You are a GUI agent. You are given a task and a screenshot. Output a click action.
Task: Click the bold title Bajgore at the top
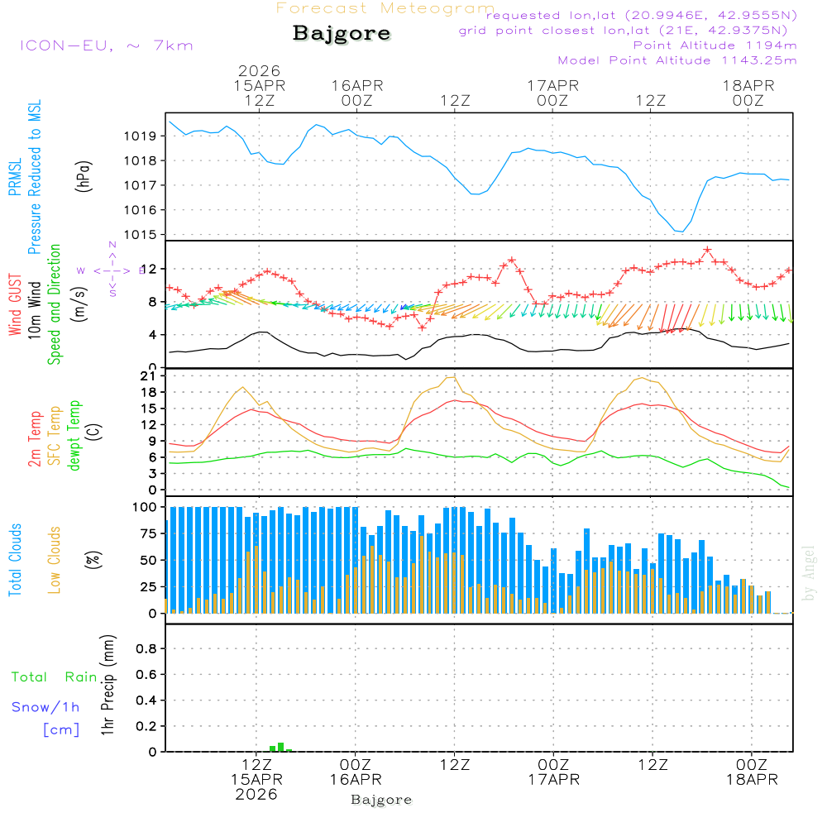click(x=342, y=34)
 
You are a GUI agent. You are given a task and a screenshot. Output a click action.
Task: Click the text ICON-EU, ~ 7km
click(x=106, y=45)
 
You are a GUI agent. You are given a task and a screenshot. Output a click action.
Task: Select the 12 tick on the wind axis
click(x=151, y=269)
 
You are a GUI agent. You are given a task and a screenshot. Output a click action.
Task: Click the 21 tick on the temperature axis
click(x=151, y=376)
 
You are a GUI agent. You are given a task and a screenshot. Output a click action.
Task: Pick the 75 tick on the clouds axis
click(x=151, y=534)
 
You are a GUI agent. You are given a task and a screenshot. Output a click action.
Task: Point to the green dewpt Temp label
click(x=74, y=436)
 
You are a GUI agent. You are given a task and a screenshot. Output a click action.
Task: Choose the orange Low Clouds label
click(x=55, y=559)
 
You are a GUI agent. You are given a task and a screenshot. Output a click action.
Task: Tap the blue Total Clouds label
click(x=16, y=560)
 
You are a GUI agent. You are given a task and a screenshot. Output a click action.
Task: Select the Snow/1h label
click(x=46, y=707)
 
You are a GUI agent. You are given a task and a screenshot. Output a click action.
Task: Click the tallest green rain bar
click(x=281, y=747)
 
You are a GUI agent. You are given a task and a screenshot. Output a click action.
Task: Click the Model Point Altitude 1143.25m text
click(x=677, y=60)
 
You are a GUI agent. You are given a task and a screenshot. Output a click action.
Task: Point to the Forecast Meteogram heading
click(x=385, y=8)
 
